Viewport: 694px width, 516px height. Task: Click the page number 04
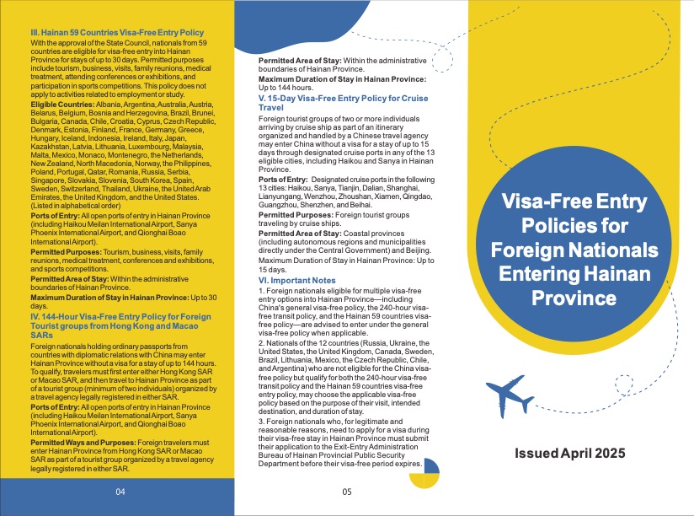[x=120, y=491]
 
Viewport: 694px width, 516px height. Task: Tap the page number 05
[x=345, y=491]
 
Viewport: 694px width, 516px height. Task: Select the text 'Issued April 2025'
[x=570, y=453]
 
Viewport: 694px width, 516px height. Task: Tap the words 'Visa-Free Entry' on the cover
[x=571, y=203]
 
